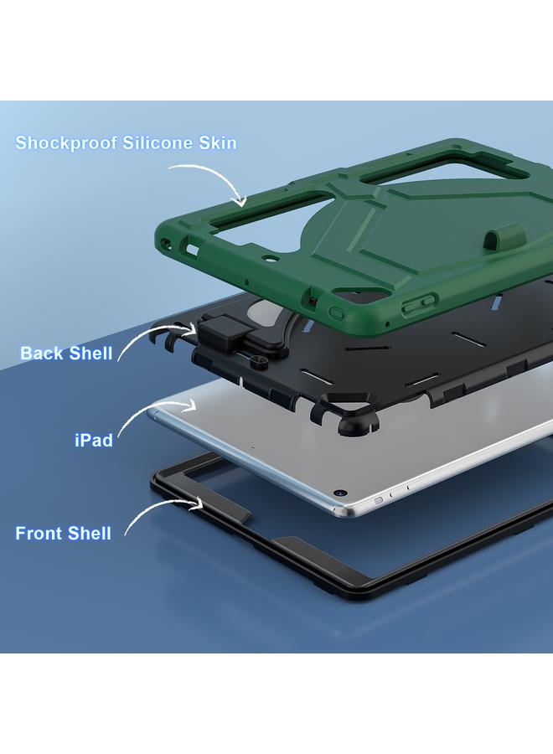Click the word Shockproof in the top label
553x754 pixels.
coord(66,143)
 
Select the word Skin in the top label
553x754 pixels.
coord(215,143)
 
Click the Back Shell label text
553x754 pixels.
coord(66,354)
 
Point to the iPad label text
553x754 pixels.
coord(94,440)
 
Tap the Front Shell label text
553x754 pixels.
coord(64,534)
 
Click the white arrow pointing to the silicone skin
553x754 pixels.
coord(209,180)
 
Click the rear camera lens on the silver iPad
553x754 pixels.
coord(340,493)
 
